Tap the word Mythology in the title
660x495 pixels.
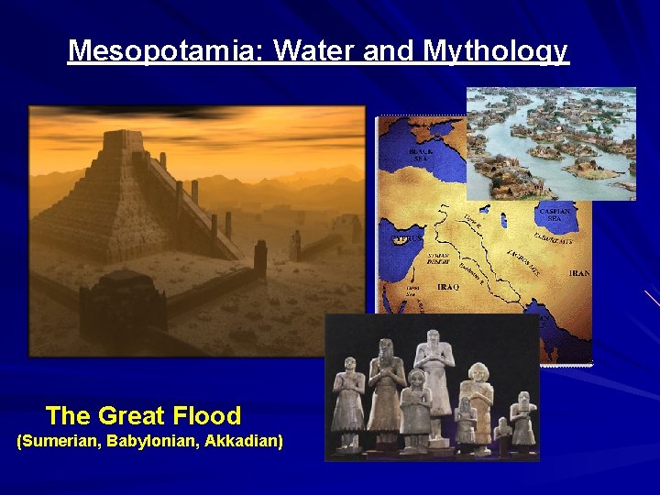[x=496, y=50]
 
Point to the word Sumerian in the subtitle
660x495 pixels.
[x=61, y=442]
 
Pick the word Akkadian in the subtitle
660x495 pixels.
[x=244, y=442]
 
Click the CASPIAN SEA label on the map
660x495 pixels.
[x=555, y=214]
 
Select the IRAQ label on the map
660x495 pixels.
[x=448, y=287]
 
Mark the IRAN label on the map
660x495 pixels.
[x=580, y=273]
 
